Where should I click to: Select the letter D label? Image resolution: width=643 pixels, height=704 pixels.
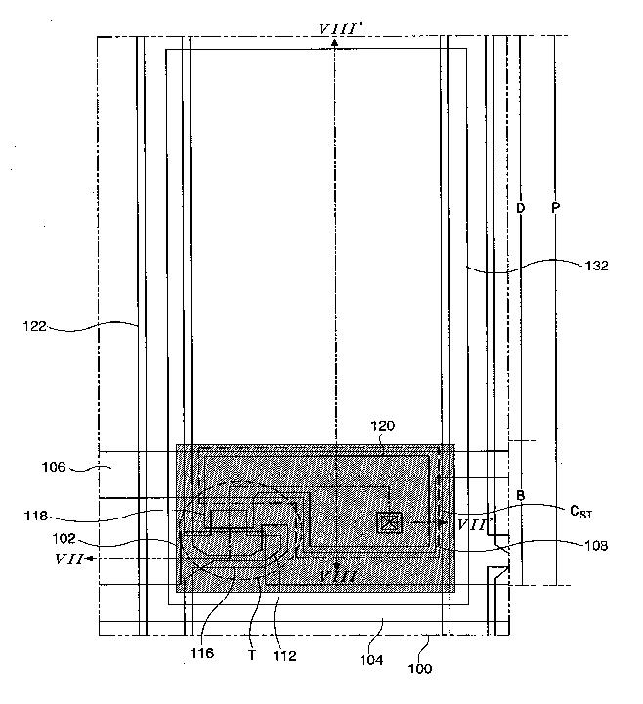[x=521, y=209]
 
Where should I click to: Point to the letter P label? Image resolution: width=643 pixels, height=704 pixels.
[x=555, y=209]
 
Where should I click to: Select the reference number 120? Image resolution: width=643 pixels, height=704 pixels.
[x=383, y=427]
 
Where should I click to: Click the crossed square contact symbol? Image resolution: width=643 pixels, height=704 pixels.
[x=389, y=523]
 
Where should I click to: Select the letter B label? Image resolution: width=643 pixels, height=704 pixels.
[x=521, y=496]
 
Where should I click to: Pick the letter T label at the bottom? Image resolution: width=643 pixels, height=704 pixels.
[x=252, y=655]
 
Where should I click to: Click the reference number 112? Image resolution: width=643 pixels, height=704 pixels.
[x=285, y=655]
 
